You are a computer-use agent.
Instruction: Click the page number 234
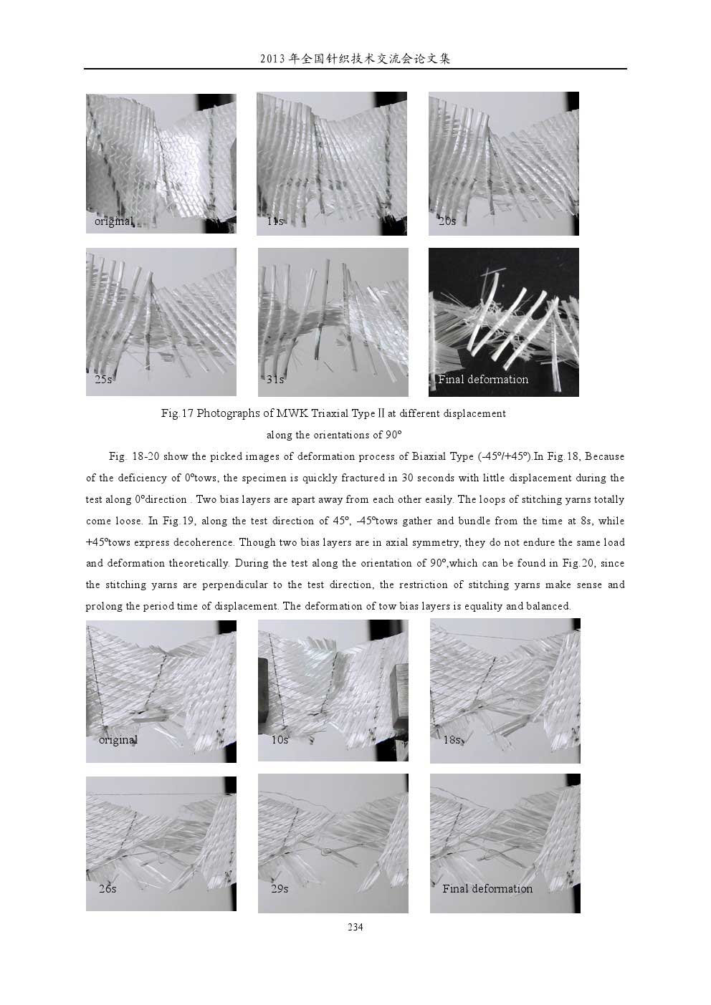pyautogui.click(x=355, y=927)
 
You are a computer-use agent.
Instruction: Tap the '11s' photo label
pyautogui.click(x=275, y=221)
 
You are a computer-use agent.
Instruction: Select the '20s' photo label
pyautogui.click(x=447, y=221)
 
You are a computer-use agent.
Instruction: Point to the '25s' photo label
pyautogui.click(x=103, y=379)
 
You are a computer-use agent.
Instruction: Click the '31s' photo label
pyautogui.click(x=275, y=379)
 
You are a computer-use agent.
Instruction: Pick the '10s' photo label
pyautogui.click(x=280, y=740)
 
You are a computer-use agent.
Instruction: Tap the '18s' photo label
pyautogui.click(x=452, y=740)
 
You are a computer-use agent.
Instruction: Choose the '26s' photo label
pyautogui.click(x=108, y=888)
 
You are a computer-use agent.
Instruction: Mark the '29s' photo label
pyautogui.click(x=280, y=888)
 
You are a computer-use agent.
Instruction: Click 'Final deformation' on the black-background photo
pyautogui.click(x=483, y=379)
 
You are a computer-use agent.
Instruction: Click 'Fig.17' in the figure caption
pyautogui.click(x=177, y=413)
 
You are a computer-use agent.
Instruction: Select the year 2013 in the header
pyautogui.click(x=273, y=59)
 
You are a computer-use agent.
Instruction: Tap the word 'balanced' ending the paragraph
pyautogui.click(x=547, y=606)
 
